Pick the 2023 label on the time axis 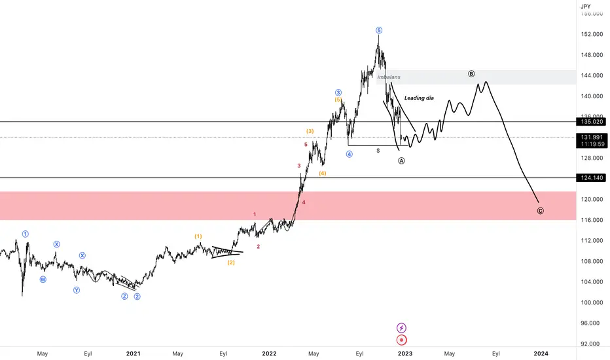[x=404, y=353]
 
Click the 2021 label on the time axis [x=133, y=353]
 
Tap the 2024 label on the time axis [x=541, y=353]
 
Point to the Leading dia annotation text [x=419, y=98]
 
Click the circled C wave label [x=540, y=211]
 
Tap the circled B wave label [x=471, y=74]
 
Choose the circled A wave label [x=401, y=161]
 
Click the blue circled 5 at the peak [x=379, y=30]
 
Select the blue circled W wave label [x=43, y=279]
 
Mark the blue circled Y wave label [x=77, y=290]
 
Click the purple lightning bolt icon [x=402, y=327]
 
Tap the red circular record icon [x=402, y=340]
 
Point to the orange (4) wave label [x=323, y=173]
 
